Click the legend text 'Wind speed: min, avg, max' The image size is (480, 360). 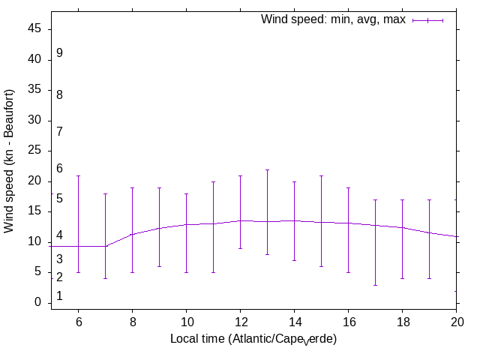333,19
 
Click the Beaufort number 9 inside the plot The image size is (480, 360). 59,53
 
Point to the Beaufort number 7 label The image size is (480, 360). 59,132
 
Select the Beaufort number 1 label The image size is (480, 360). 59,297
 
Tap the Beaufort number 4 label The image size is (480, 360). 59,235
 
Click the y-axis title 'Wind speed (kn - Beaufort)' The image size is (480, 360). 10,160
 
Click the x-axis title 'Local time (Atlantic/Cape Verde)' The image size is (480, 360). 253,339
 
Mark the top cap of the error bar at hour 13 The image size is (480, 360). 267,169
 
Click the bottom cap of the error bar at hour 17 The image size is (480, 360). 375,285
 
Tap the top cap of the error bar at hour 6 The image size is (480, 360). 78,175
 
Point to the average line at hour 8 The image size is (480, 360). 132,234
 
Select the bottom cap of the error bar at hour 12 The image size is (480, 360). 240,248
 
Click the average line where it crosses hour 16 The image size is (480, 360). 348,223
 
